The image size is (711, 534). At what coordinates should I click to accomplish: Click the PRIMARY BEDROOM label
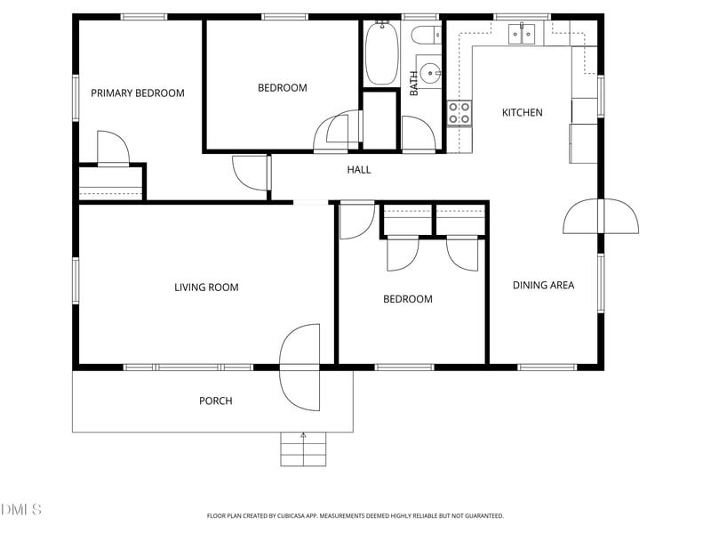click(x=138, y=93)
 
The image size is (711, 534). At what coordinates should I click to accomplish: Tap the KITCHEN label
click(x=523, y=113)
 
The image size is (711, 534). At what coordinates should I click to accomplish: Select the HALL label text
click(x=359, y=170)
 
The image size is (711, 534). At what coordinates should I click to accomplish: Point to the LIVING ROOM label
click(x=206, y=287)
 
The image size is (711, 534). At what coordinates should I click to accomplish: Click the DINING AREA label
click(x=543, y=286)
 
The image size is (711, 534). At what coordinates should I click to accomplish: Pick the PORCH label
click(x=215, y=401)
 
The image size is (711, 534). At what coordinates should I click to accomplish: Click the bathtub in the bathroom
click(x=381, y=53)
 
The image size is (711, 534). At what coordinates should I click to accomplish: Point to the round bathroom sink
click(x=430, y=73)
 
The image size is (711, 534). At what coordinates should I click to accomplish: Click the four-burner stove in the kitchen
click(x=459, y=113)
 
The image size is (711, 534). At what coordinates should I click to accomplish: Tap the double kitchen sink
click(x=522, y=34)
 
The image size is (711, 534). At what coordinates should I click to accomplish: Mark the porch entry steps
click(x=303, y=449)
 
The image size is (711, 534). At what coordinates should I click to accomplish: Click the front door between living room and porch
click(x=300, y=367)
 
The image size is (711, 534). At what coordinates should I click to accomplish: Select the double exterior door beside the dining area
click(x=601, y=216)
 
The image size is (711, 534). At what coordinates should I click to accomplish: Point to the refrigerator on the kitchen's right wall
click(x=584, y=142)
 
